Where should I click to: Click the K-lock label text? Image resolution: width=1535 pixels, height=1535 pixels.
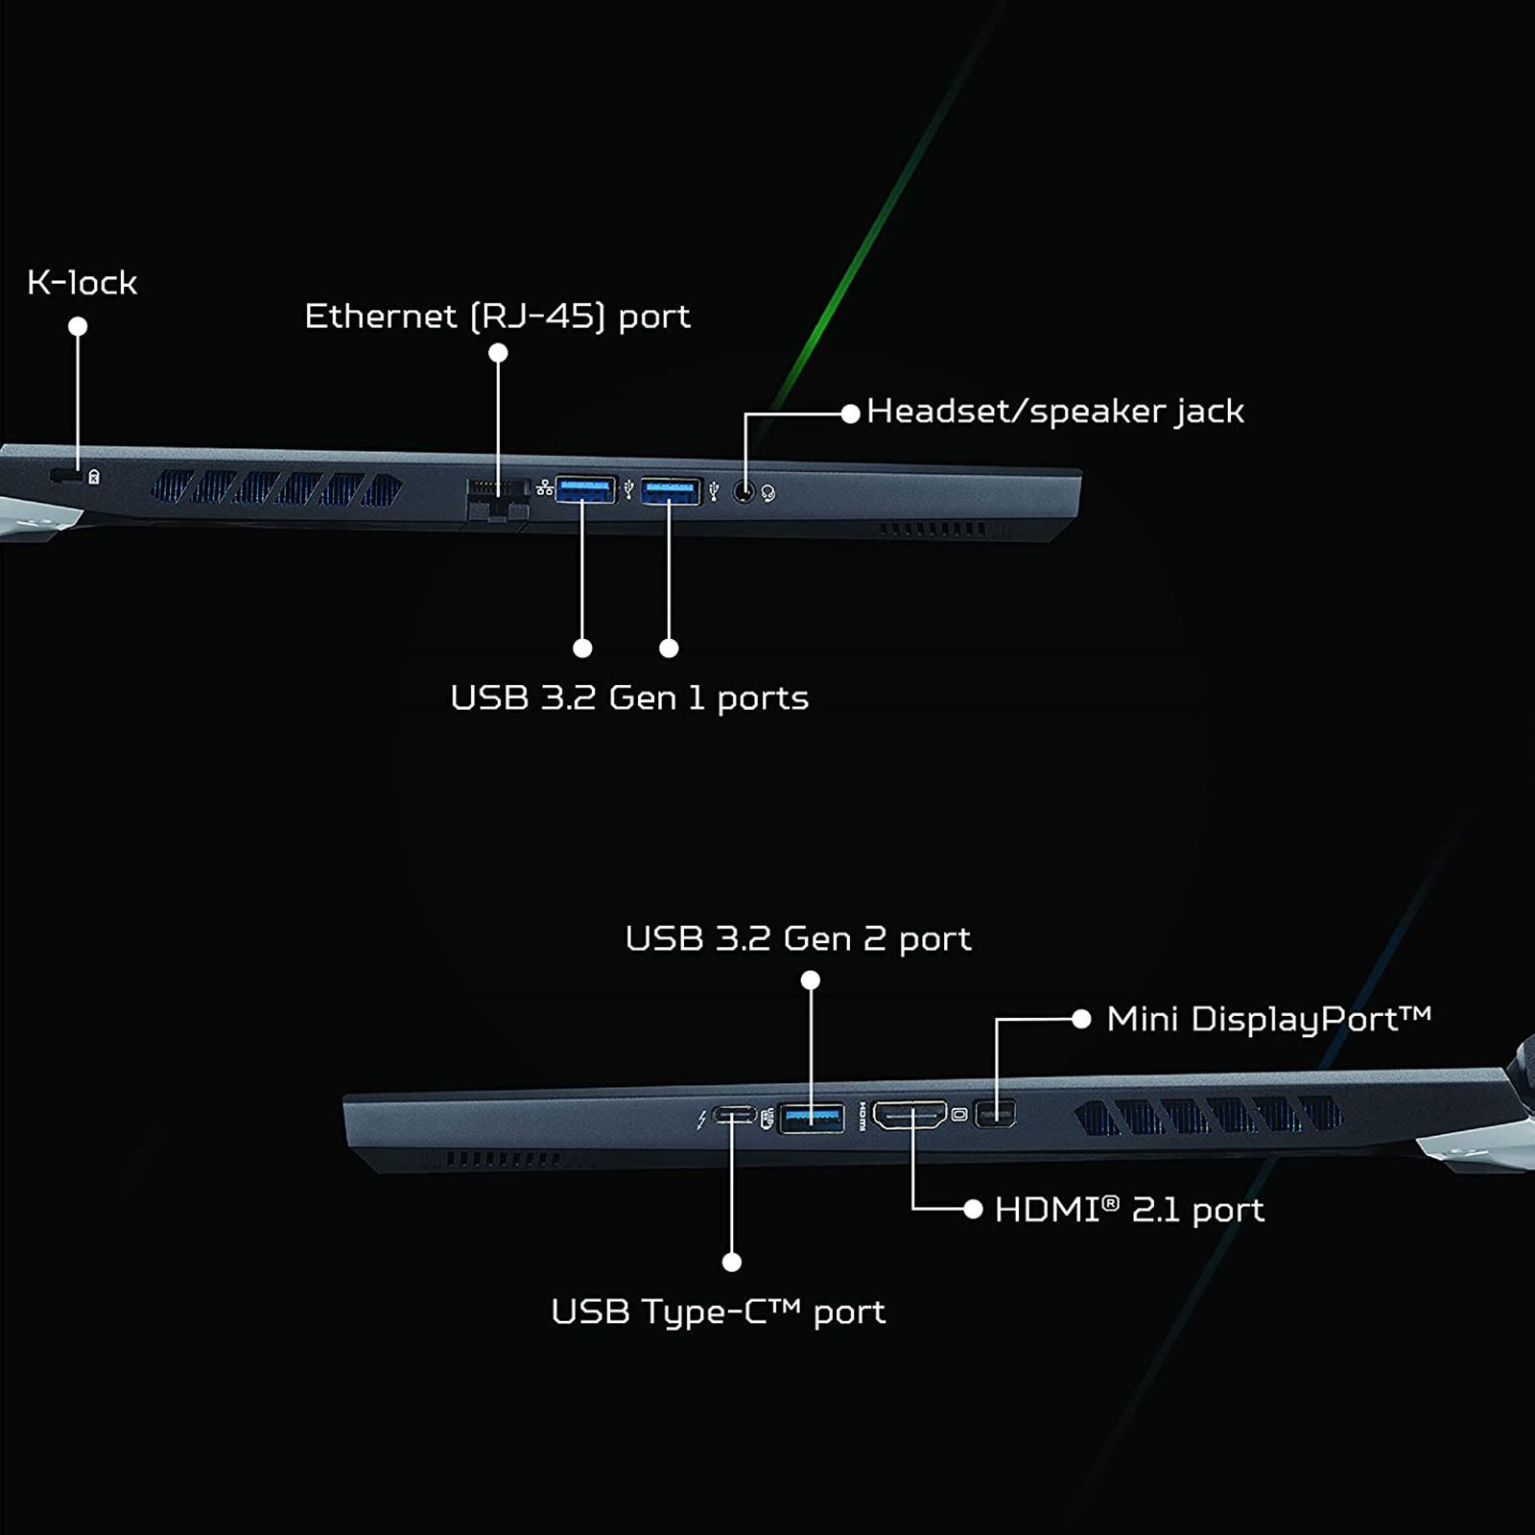[82, 283]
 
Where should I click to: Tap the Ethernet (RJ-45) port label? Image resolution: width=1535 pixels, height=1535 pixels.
[497, 317]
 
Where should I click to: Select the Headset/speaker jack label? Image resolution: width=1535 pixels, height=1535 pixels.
[1054, 412]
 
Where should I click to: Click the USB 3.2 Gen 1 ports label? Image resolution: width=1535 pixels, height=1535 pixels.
[629, 698]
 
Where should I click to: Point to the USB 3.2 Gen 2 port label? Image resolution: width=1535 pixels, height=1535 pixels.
[797, 938]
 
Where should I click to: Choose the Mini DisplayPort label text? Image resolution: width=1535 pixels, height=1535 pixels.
[1267, 1019]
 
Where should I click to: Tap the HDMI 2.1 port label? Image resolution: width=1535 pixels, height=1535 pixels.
[1129, 1210]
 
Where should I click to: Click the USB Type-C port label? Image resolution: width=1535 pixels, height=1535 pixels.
[718, 1311]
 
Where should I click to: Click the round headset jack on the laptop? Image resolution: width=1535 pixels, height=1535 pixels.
[744, 492]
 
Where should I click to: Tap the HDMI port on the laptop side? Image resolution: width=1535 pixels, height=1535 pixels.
[909, 1115]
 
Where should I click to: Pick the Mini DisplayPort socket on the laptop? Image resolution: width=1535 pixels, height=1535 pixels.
[995, 1115]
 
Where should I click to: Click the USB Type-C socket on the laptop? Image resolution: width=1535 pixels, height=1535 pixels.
[734, 1116]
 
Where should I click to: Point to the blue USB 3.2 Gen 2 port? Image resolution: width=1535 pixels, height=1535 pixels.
[812, 1117]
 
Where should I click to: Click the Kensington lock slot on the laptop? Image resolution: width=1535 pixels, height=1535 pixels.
[65, 476]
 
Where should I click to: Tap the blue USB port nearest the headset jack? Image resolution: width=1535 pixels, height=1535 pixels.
[671, 491]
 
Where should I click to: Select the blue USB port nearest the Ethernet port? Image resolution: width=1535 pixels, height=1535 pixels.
[585, 490]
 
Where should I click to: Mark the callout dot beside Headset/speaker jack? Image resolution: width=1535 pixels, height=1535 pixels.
[850, 413]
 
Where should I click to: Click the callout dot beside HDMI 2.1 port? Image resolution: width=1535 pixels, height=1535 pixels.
[973, 1210]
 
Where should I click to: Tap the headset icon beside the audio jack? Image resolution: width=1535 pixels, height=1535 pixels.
[767, 494]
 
